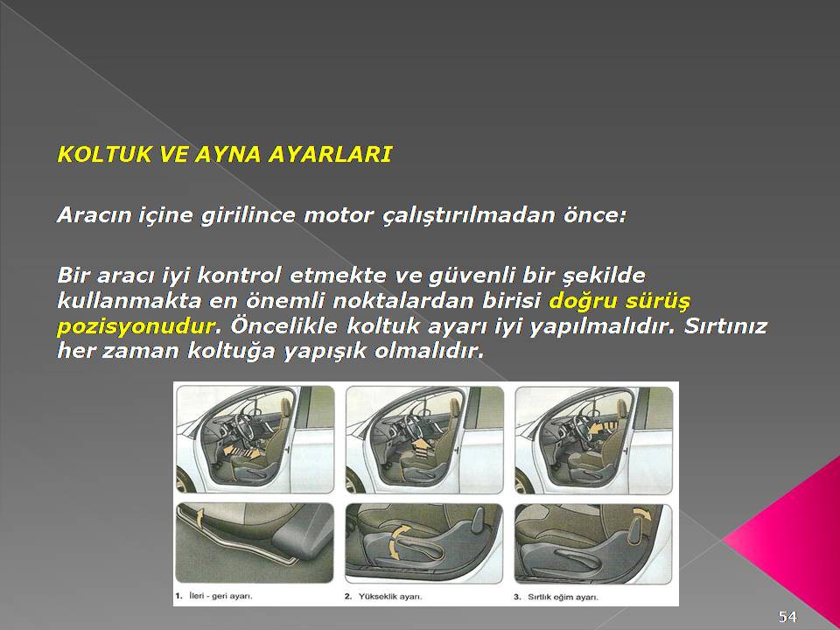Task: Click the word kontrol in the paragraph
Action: tap(240, 276)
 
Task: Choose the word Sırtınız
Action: tap(726, 326)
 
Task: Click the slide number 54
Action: tap(787, 616)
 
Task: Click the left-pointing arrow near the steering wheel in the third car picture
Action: tap(598, 428)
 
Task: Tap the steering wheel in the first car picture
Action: tap(245, 426)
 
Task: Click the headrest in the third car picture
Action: tap(621, 409)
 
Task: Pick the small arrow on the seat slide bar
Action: tap(199, 517)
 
